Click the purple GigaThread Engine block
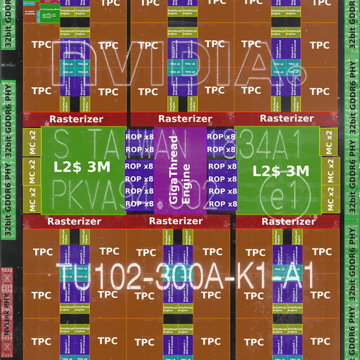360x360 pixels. pyautogui.click(x=179, y=171)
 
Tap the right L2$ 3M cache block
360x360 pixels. pyautogui.click(x=281, y=170)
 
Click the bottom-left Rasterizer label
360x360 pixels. pyautogui.click(x=75, y=221)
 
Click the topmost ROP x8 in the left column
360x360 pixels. pyautogui.click(x=139, y=136)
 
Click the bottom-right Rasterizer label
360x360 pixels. pyautogui.click(x=285, y=221)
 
